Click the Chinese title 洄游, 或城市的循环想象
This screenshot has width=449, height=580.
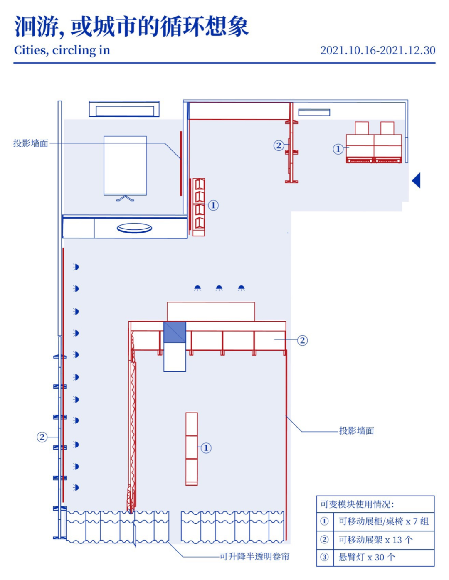pyautogui.click(x=131, y=27)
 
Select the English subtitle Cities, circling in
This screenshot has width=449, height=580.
pyautogui.click(x=62, y=50)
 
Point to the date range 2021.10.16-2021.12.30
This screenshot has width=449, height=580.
pyautogui.click(x=377, y=50)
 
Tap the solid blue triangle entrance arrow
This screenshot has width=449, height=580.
pyautogui.click(x=417, y=180)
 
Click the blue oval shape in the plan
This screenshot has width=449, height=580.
pyautogui.click(x=134, y=228)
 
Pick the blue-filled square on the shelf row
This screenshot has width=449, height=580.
pyautogui.click(x=175, y=332)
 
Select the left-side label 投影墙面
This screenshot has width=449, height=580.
pyautogui.click(x=31, y=143)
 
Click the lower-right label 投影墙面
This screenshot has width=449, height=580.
pyautogui.click(x=356, y=431)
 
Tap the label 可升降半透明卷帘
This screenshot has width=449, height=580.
pyautogui.click(x=254, y=557)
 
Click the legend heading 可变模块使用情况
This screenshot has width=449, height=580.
pyautogui.click(x=357, y=504)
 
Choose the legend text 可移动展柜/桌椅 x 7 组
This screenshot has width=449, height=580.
pyautogui.click(x=383, y=521)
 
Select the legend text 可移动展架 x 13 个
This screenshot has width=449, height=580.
pyautogui.click(x=375, y=540)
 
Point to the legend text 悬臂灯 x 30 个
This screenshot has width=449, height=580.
pyautogui.click(x=367, y=557)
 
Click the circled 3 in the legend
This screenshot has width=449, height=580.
pyautogui.click(x=324, y=557)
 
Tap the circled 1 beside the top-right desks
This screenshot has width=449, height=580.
pyautogui.click(x=338, y=149)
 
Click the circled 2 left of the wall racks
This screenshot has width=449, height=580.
pyautogui.click(x=42, y=437)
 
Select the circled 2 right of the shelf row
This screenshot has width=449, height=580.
pyautogui.click(x=302, y=340)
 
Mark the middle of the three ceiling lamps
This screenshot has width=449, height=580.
pyautogui.click(x=219, y=288)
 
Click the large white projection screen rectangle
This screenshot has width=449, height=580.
pyautogui.click(x=125, y=165)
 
